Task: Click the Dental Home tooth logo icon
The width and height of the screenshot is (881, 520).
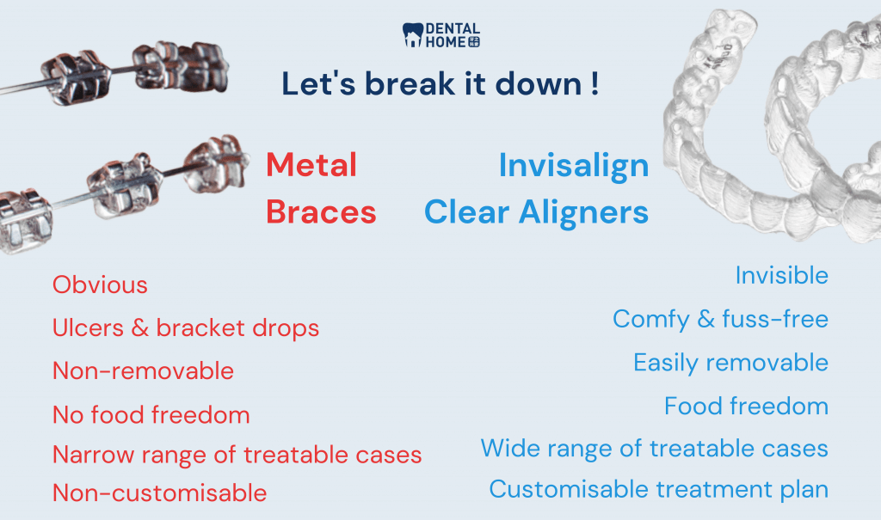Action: tap(413, 35)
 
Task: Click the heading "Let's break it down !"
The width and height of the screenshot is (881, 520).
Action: tap(440, 84)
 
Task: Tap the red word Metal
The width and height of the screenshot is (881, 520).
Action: tap(311, 165)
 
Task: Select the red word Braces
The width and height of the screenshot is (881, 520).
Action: tap(321, 211)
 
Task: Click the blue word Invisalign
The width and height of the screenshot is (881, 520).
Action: tap(574, 165)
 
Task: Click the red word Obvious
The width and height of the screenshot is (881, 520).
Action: tap(100, 284)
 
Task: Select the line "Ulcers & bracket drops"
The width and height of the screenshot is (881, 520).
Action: tap(186, 327)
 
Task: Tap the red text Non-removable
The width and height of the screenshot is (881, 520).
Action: tap(143, 370)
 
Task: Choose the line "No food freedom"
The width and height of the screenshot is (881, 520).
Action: tap(151, 415)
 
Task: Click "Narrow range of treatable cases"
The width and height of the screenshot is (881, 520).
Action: tap(237, 454)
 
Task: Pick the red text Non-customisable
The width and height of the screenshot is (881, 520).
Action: tap(160, 493)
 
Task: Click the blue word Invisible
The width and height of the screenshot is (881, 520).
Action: tap(781, 275)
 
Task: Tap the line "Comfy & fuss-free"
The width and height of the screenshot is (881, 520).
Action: tap(720, 319)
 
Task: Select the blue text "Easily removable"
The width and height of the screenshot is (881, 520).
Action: tap(730, 362)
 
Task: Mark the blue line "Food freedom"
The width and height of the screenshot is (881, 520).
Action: tap(746, 405)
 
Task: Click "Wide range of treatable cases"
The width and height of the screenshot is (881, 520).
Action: tap(654, 448)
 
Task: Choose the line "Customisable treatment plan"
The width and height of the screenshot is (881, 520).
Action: tap(658, 489)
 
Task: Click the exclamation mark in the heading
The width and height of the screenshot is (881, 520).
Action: tap(595, 84)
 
